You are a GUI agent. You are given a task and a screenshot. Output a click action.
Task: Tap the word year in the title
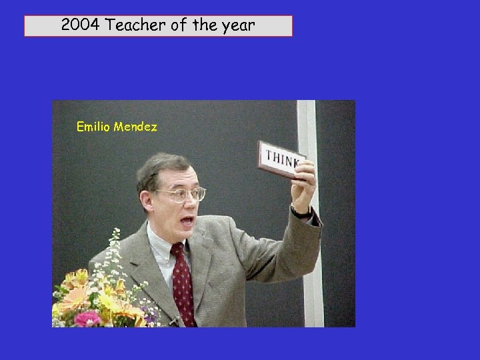coord(237,26)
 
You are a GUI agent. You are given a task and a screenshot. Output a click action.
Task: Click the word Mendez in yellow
coord(135,126)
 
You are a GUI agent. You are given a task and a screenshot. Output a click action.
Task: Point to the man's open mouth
coord(189,221)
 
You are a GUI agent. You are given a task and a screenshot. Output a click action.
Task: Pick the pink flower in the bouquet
coord(87,319)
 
